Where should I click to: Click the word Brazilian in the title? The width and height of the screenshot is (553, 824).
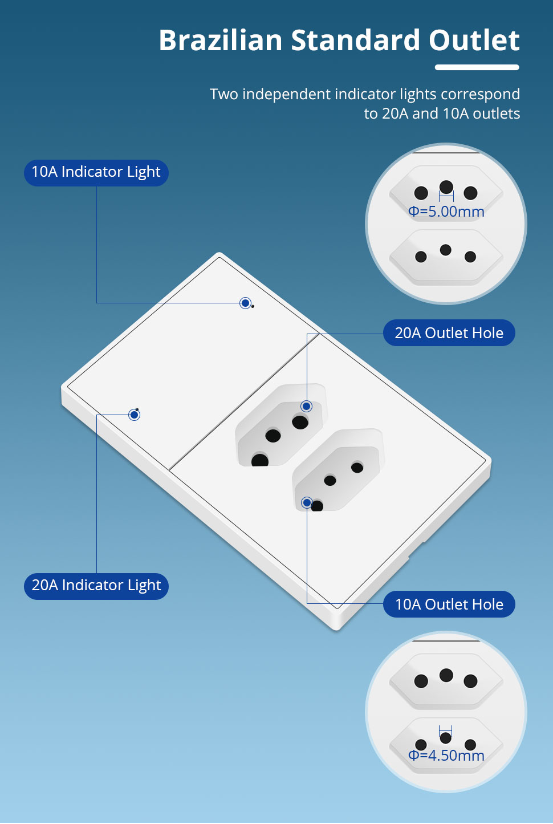(221, 40)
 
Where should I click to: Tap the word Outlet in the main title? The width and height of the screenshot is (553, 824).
(474, 40)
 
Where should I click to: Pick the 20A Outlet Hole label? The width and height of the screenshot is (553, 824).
(449, 332)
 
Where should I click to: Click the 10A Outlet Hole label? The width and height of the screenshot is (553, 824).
(449, 604)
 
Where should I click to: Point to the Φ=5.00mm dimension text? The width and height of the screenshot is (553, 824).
(446, 212)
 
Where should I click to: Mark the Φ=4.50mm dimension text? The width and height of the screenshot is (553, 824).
(446, 755)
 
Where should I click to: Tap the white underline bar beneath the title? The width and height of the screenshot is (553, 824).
(477, 67)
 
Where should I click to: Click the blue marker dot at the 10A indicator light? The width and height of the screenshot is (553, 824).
(245, 303)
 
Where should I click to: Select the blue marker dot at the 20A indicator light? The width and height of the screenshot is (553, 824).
(134, 415)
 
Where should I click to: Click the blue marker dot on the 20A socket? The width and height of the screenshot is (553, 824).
(306, 406)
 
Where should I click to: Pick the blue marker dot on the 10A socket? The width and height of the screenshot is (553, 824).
(307, 502)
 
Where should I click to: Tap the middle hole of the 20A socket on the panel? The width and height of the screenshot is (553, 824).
(273, 436)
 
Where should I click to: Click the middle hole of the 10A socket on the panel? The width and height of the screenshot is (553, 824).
(330, 480)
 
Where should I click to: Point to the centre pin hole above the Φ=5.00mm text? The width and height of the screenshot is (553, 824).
(446, 187)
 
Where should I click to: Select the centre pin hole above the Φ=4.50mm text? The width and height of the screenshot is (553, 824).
(446, 737)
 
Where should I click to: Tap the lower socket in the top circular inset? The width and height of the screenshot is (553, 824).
(446, 258)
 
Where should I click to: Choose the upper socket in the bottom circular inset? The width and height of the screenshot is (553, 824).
(446, 681)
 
